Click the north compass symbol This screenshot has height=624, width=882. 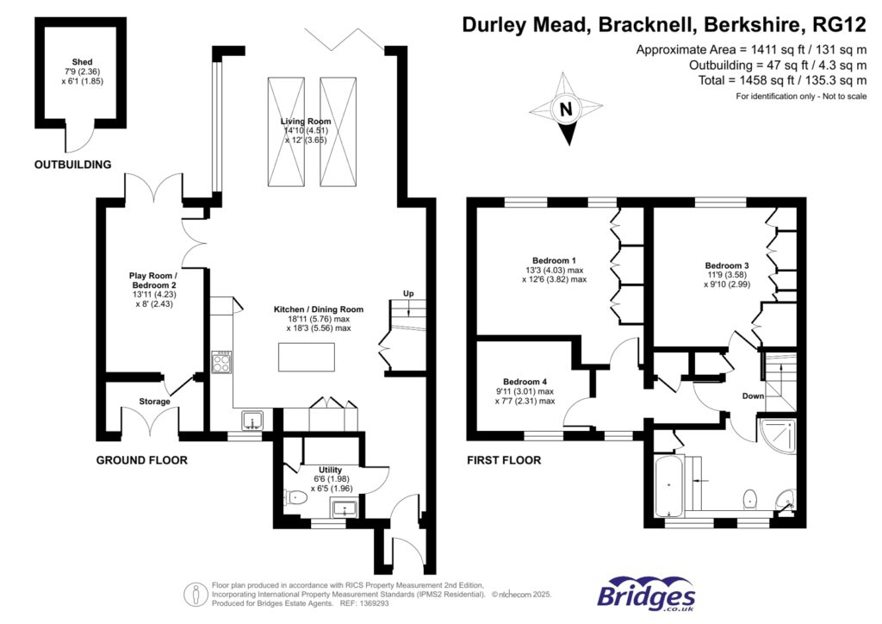pos(565,109)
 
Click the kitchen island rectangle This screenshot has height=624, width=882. pos(307,357)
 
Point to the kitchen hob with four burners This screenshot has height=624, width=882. pos(221,363)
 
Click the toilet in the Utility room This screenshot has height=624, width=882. pos(297,496)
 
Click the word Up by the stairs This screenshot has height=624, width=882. pos(409,295)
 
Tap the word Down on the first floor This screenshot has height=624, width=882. pos(754,396)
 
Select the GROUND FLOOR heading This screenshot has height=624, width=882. pos(141,460)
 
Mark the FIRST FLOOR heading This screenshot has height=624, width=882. pos(504,460)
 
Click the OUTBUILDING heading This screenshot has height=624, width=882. pos(72,164)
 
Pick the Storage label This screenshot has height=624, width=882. pos(155,402)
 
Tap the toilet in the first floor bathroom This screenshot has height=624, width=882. pos(750,498)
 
